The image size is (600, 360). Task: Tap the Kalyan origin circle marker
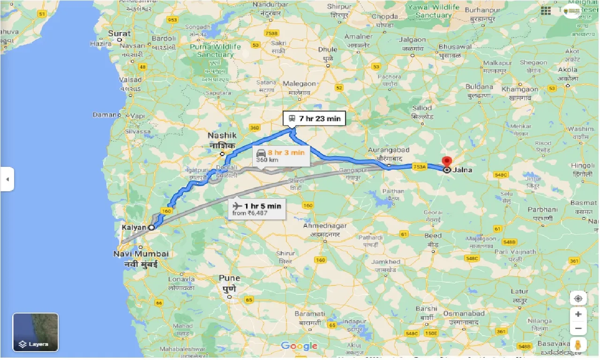coord(151,227)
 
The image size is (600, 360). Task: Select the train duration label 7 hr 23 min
coord(314,119)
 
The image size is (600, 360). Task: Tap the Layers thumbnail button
coord(36,332)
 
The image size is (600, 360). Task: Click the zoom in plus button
coord(578,314)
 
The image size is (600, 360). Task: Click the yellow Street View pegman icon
coord(578,345)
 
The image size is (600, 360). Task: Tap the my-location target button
coord(578,298)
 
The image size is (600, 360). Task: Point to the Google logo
coord(299,346)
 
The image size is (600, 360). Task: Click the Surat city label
coord(120,33)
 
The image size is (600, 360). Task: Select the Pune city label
coord(229,278)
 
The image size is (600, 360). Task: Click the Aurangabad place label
coord(388,150)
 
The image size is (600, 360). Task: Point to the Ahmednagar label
coord(325,226)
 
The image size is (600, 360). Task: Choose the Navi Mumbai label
coord(141,254)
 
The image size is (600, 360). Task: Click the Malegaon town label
coord(300,84)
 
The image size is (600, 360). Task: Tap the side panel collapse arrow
coord(7,179)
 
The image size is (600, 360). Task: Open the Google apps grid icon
coord(546,11)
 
